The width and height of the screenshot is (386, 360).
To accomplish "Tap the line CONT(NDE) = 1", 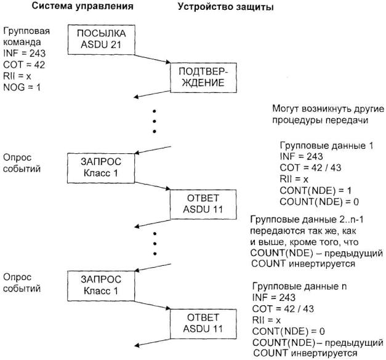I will click(x=310, y=189).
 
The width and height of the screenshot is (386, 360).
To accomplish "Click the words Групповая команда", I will click(x=26, y=36).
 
